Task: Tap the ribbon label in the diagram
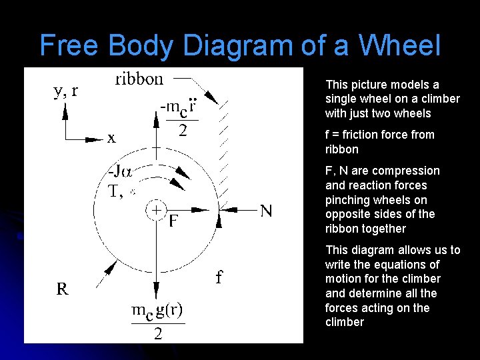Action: [x=139, y=79]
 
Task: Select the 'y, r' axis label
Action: [x=65, y=91]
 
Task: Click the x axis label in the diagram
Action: [x=111, y=138]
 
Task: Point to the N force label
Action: [x=266, y=211]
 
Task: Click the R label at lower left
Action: [x=62, y=289]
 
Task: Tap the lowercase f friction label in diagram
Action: [x=219, y=277]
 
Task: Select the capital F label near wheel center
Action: [x=173, y=221]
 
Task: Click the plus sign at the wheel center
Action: [x=155, y=209]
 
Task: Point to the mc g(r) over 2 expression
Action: [x=157, y=321]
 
